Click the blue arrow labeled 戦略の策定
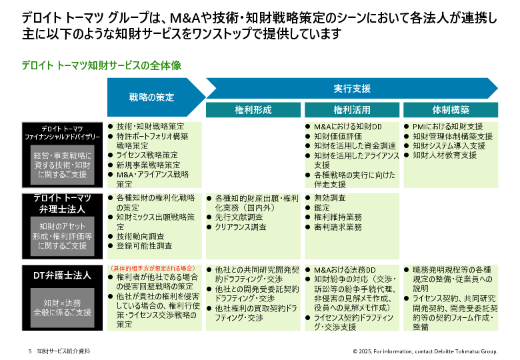tap(153, 97)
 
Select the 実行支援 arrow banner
tap(352, 89)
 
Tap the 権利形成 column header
tap(253, 110)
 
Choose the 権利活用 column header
tap(352, 110)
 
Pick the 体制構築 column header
tap(451, 110)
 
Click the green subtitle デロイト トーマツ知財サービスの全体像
tap(101, 65)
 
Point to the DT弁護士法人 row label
tap(62, 275)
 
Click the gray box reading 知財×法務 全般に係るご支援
tap(63, 307)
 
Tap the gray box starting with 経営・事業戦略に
tap(63, 165)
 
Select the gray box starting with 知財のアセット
tap(63, 236)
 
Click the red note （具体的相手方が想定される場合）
tap(153, 268)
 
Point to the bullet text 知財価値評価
tap(338, 136)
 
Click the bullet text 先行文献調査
tap(239, 217)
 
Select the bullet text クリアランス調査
tap(241, 227)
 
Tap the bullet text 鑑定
tap(322, 207)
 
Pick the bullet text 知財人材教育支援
tap(445, 155)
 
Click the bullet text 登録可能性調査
tap(144, 245)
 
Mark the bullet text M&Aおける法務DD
tap(345, 270)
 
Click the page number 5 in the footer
tap(30, 351)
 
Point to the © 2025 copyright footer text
tap(425, 351)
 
